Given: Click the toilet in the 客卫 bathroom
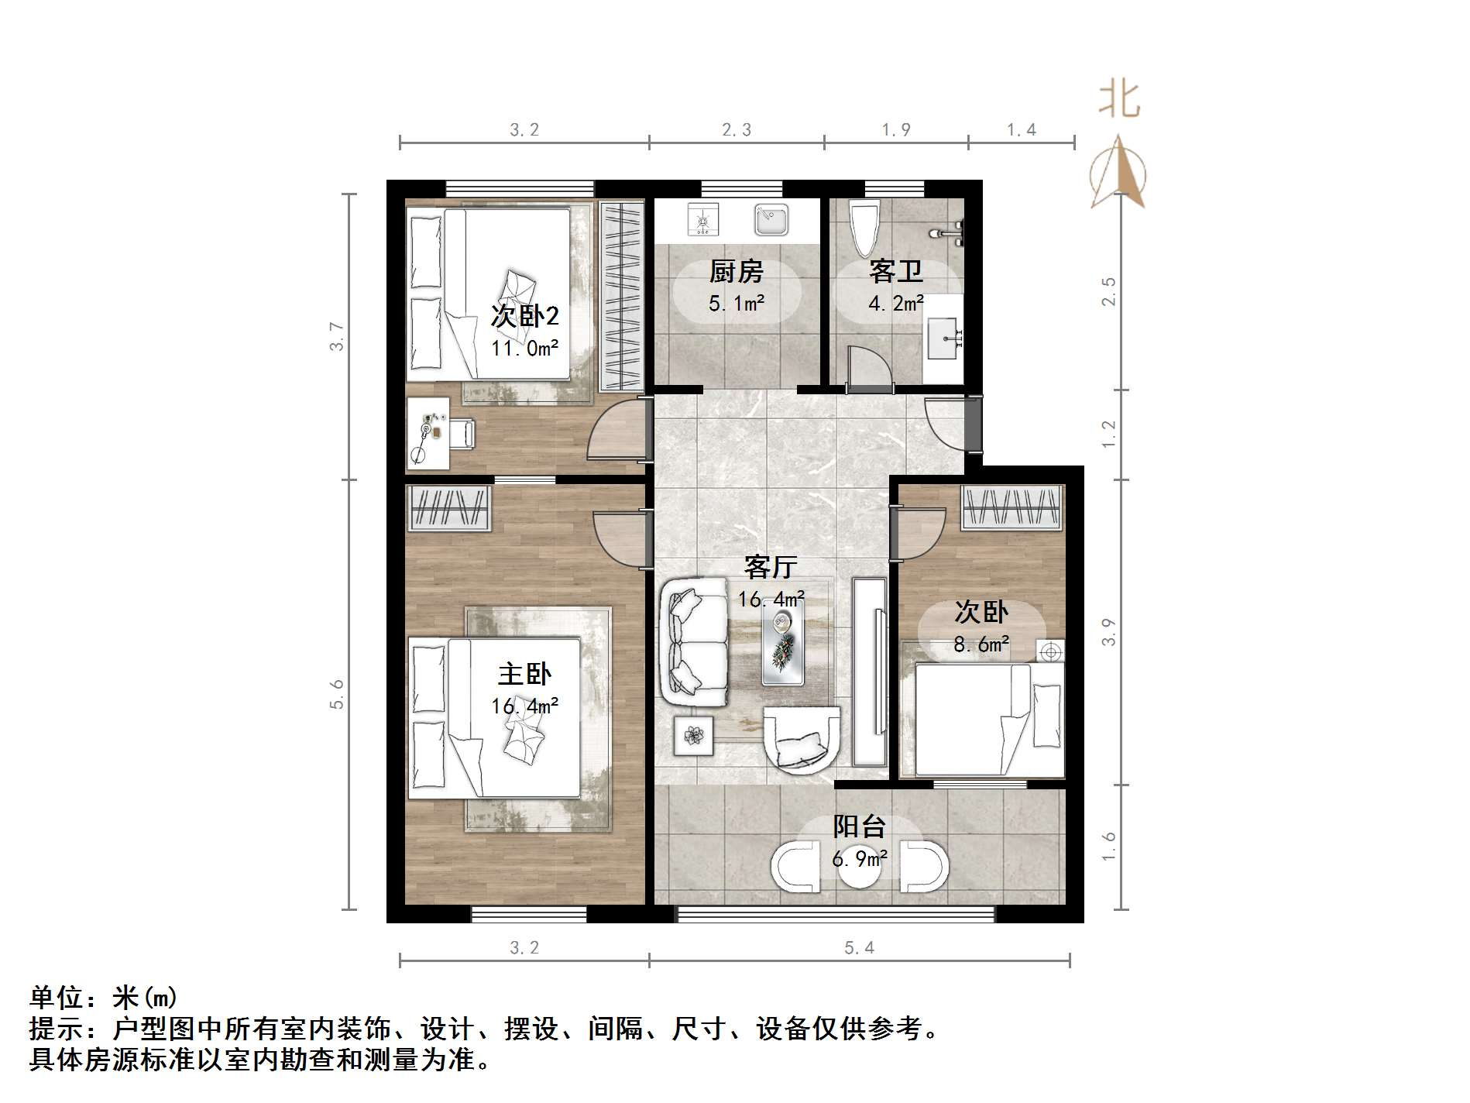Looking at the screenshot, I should coord(864,228).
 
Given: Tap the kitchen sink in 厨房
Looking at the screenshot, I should coord(771,220).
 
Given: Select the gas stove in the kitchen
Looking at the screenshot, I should coord(703,220).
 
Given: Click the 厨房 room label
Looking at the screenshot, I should coord(736,272).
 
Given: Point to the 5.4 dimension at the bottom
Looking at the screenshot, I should coord(859,947).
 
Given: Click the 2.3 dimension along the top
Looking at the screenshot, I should coord(737,130).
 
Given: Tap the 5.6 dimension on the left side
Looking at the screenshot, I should coord(336,693).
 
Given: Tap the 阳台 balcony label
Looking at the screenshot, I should coord(859,826).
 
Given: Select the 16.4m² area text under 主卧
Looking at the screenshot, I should coord(524,706).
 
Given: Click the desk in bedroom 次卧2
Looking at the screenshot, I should coord(428,434).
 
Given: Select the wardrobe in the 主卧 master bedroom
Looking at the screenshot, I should coord(450,508).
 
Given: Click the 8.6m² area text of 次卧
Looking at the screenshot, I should coord(981,644).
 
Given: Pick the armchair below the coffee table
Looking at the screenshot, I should coord(801,740).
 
